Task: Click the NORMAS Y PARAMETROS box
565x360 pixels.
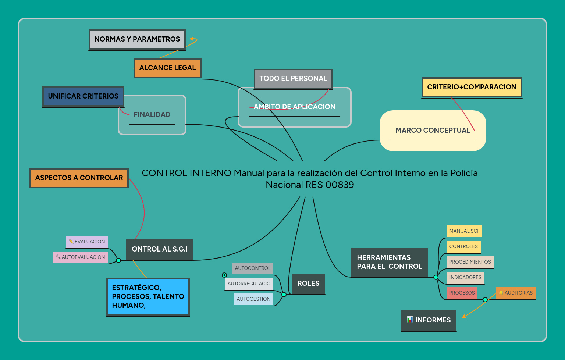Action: [x=137, y=39]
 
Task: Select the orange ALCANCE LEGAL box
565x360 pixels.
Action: [x=167, y=68]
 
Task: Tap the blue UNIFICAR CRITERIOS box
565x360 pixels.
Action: [x=83, y=96]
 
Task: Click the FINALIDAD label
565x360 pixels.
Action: [x=152, y=114]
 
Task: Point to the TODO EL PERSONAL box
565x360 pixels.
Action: [x=293, y=79]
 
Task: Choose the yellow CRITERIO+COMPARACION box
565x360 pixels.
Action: [x=472, y=87]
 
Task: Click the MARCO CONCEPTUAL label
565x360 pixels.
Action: [x=433, y=130]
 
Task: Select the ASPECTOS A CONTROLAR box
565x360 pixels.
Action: [x=79, y=178]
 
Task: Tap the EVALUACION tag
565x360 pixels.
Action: [x=87, y=242]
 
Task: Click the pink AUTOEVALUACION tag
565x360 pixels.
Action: [x=80, y=257]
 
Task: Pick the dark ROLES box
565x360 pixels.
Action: [x=308, y=284]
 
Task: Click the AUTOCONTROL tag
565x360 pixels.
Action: [x=252, y=268]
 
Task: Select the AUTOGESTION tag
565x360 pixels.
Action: [x=253, y=299]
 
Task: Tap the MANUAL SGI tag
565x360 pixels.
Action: [x=464, y=231]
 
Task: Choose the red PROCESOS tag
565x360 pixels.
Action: [x=462, y=293]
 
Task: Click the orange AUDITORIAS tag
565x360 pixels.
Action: [x=516, y=293]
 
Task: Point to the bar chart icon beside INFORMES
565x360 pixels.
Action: [x=410, y=320]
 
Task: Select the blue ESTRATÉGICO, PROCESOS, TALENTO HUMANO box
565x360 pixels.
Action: [x=148, y=297]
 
